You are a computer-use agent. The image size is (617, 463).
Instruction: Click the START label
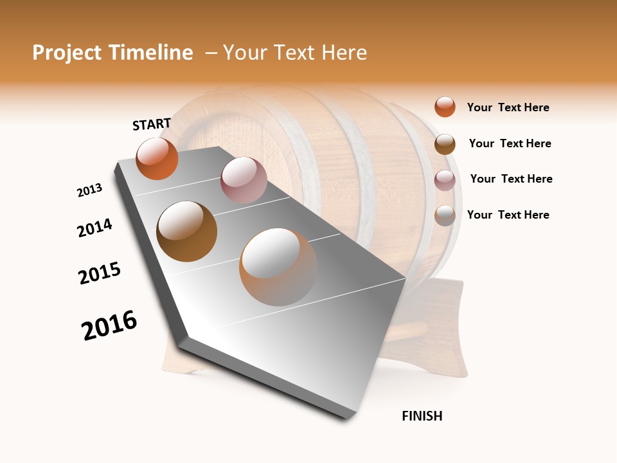(x=152, y=124)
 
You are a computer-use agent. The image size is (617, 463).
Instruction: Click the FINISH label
(x=422, y=416)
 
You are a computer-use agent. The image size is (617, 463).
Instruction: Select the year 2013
(x=89, y=190)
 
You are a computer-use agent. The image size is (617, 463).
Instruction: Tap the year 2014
(x=94, y=228)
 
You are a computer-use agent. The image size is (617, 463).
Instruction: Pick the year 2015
(x=100, y=273)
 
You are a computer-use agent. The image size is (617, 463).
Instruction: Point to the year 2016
(x=109, y=325)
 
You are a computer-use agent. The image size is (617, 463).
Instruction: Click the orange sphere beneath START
(x=157, y=158)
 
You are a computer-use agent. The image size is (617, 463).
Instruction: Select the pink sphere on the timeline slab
(x=244, y=180)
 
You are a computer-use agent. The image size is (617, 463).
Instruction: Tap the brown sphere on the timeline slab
(x=187, y=232)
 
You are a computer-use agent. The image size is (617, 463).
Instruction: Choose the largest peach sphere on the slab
(x=278, y=267)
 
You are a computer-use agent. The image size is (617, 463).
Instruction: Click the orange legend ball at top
(x=445, y=107)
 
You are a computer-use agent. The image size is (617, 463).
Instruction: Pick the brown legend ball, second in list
(x=445, y=144)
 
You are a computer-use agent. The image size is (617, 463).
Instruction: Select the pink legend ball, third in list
(x=445, y=180)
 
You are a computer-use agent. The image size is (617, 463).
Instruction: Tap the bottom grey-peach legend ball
(x=445, y=215)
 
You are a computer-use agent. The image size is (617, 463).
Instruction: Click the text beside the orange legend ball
(x=508, y=107)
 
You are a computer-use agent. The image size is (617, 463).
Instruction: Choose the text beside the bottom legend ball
(x=508, y=215)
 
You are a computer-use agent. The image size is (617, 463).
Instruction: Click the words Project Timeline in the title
(x=112, y=53)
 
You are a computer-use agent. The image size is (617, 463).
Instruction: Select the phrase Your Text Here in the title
(x=294, y=53)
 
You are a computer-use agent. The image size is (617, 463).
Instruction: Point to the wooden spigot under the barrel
(x=411, y=331)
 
